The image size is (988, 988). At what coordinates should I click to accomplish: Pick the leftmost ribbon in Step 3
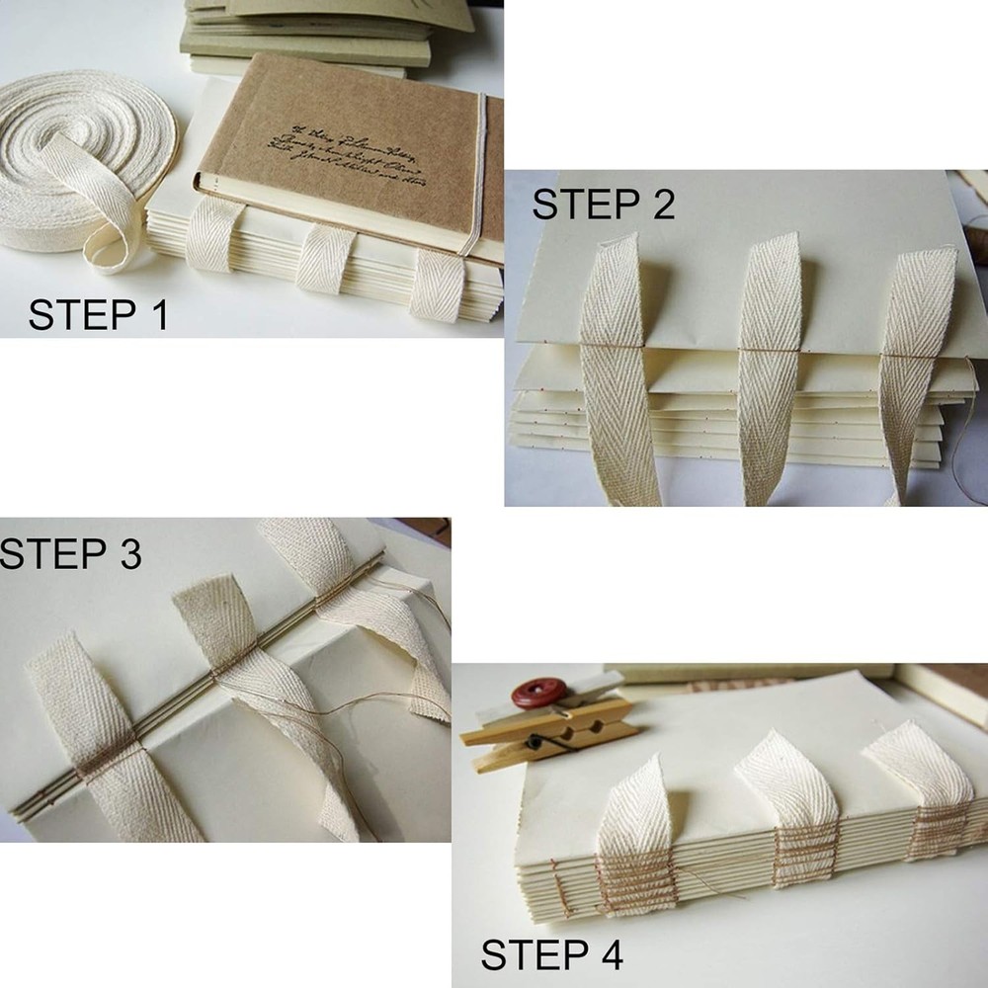click(x=99, y=741)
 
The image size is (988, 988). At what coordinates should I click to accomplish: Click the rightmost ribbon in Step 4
click(x=929, y=790)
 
